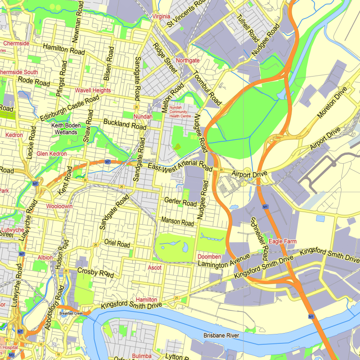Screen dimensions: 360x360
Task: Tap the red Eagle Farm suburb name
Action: point(283,242)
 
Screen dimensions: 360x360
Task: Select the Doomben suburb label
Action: point(209,256)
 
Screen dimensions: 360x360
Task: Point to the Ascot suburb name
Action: point(154,268)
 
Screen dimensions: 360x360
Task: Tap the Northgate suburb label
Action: point(188,60)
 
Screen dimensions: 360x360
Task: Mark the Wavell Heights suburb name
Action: point(93,90)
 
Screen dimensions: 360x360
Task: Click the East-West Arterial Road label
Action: point(180,167)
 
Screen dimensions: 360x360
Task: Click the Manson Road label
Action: point(178,222)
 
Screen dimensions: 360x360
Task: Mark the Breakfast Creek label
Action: point(72,314)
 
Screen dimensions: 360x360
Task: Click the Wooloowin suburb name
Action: point(59,206)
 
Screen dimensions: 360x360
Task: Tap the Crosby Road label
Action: point(95,272)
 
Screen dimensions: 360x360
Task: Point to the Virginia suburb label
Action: point(162,17)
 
